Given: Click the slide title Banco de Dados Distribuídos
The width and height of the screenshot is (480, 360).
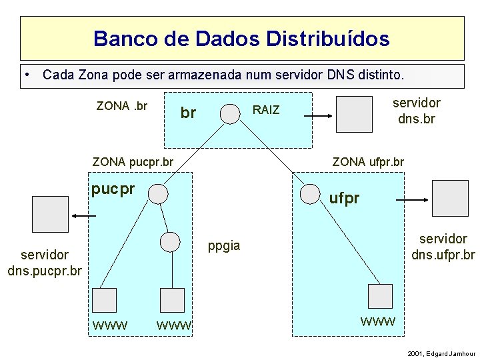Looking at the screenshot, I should (241, 38).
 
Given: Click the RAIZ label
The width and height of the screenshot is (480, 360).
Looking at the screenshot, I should (267, 110).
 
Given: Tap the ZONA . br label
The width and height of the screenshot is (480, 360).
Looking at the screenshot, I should (122, 106).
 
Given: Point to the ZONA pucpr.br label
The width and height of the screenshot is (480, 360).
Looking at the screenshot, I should (133, 161).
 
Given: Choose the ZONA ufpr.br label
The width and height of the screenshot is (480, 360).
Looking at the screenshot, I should (368, 161).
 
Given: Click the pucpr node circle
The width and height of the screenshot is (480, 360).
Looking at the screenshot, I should (158, 193).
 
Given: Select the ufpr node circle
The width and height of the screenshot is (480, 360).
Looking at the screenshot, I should (309, 193).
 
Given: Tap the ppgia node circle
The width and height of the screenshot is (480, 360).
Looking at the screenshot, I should (171, 241).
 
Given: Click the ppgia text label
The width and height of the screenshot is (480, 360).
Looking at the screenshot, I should (224, 245).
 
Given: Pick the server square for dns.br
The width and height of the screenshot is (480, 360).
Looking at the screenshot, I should (354, 114).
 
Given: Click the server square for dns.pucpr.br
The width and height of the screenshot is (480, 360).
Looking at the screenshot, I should (51, 214).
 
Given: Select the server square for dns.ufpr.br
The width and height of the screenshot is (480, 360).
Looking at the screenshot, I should (450, 198).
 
